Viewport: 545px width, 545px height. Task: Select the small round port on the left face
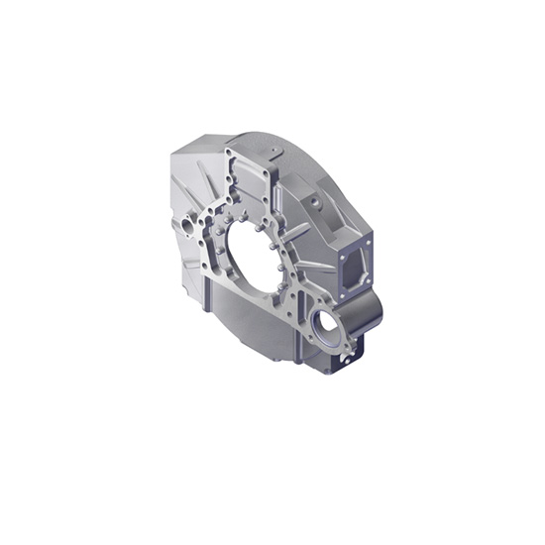[185, 227]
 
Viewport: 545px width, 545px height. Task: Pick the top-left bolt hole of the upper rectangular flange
[231, 154]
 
